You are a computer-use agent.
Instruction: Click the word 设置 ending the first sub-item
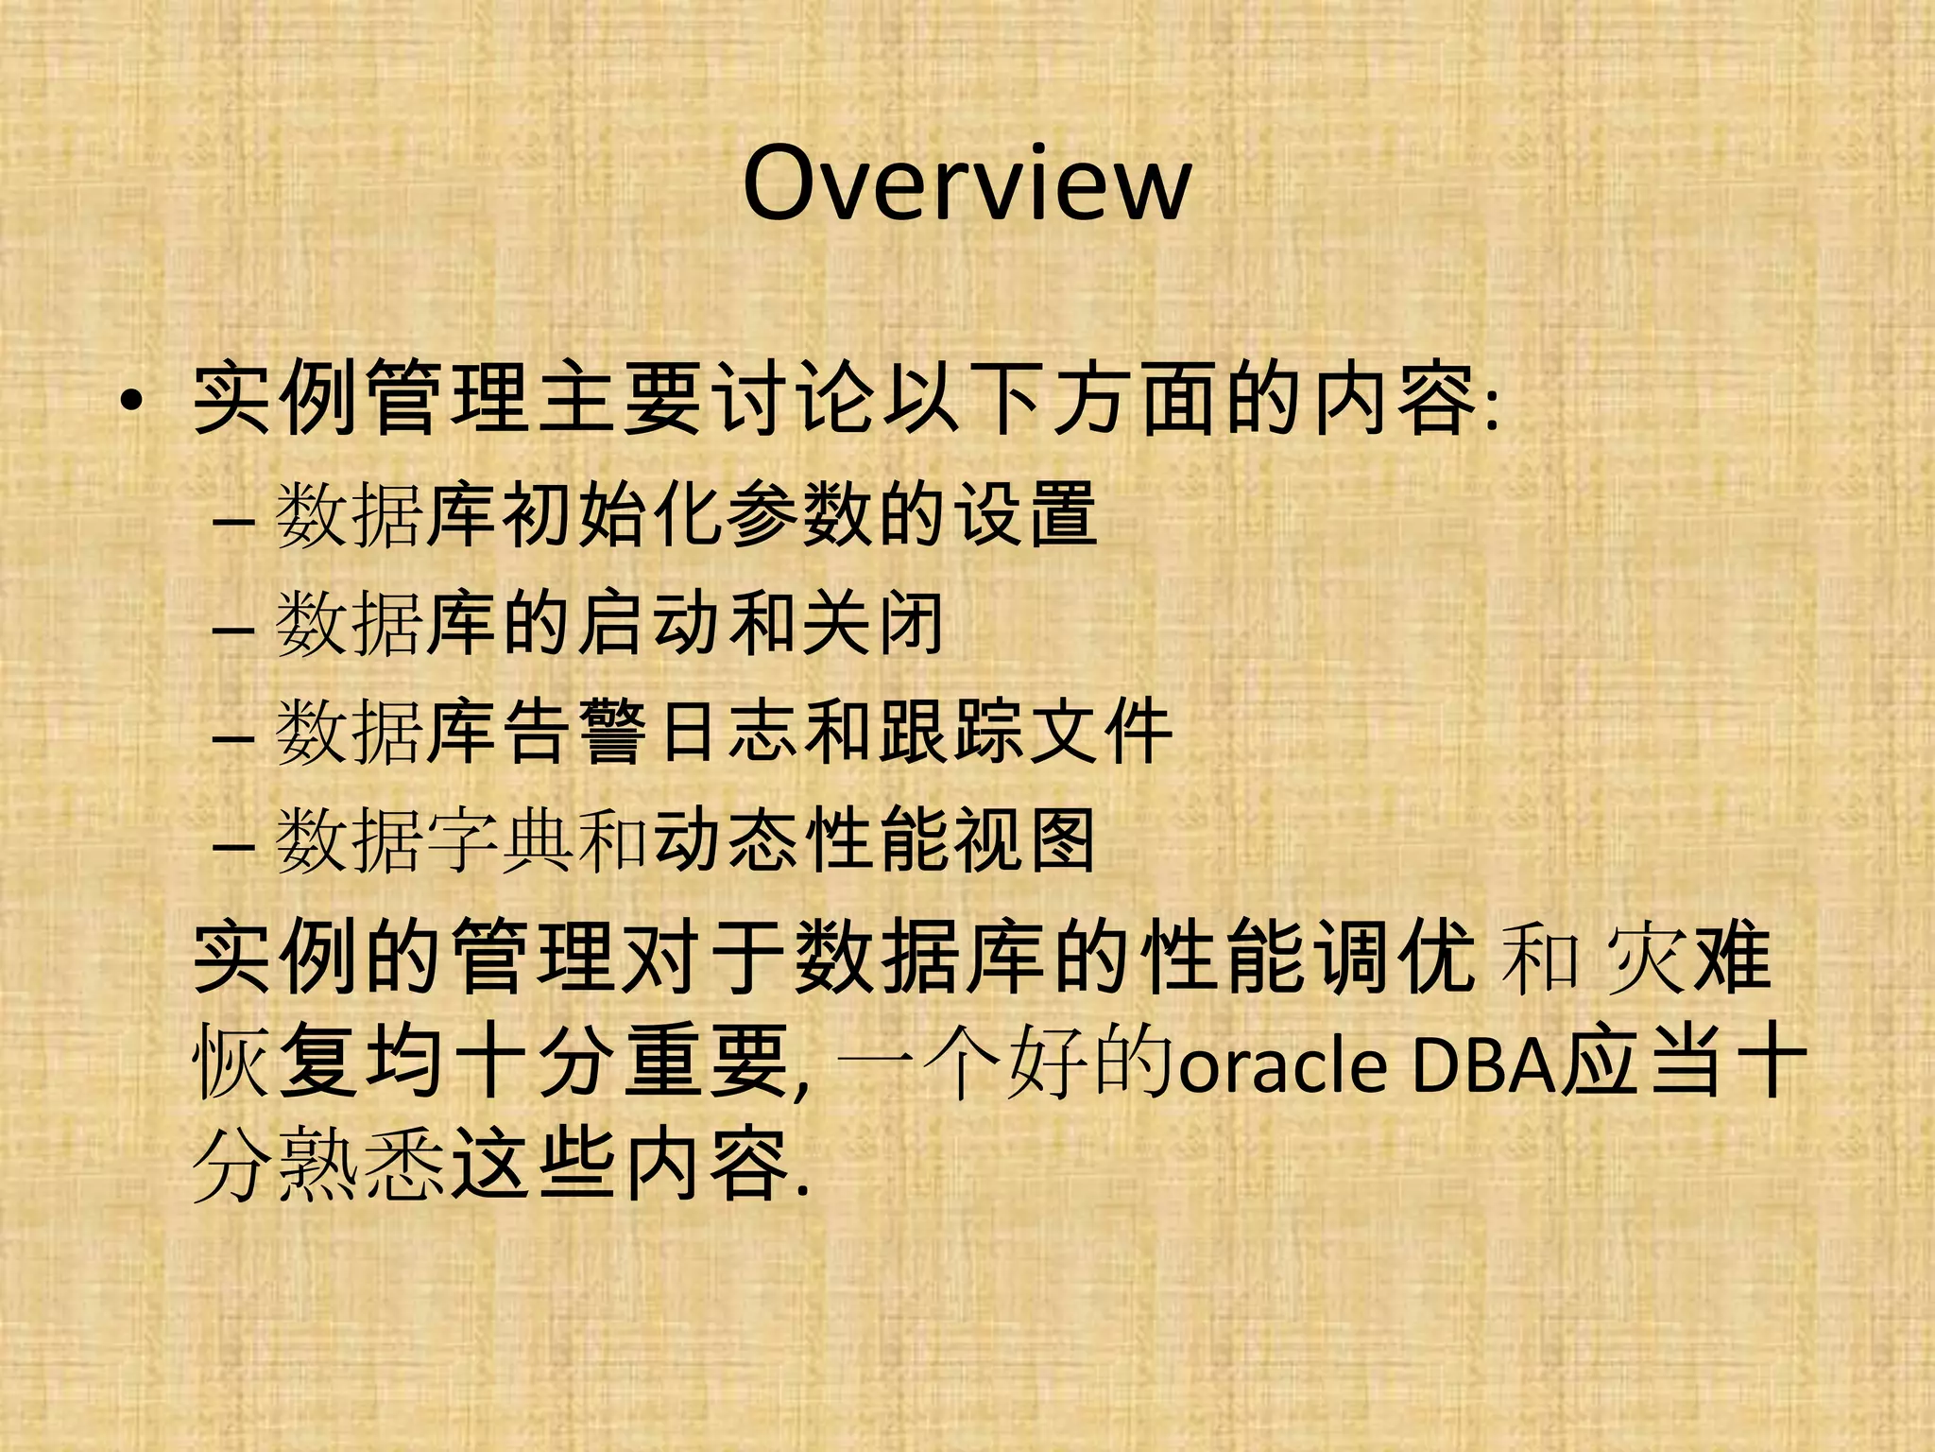point(1026,515)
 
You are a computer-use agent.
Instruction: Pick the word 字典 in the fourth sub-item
point(501,841)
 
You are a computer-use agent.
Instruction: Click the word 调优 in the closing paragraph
point(1396,957)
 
